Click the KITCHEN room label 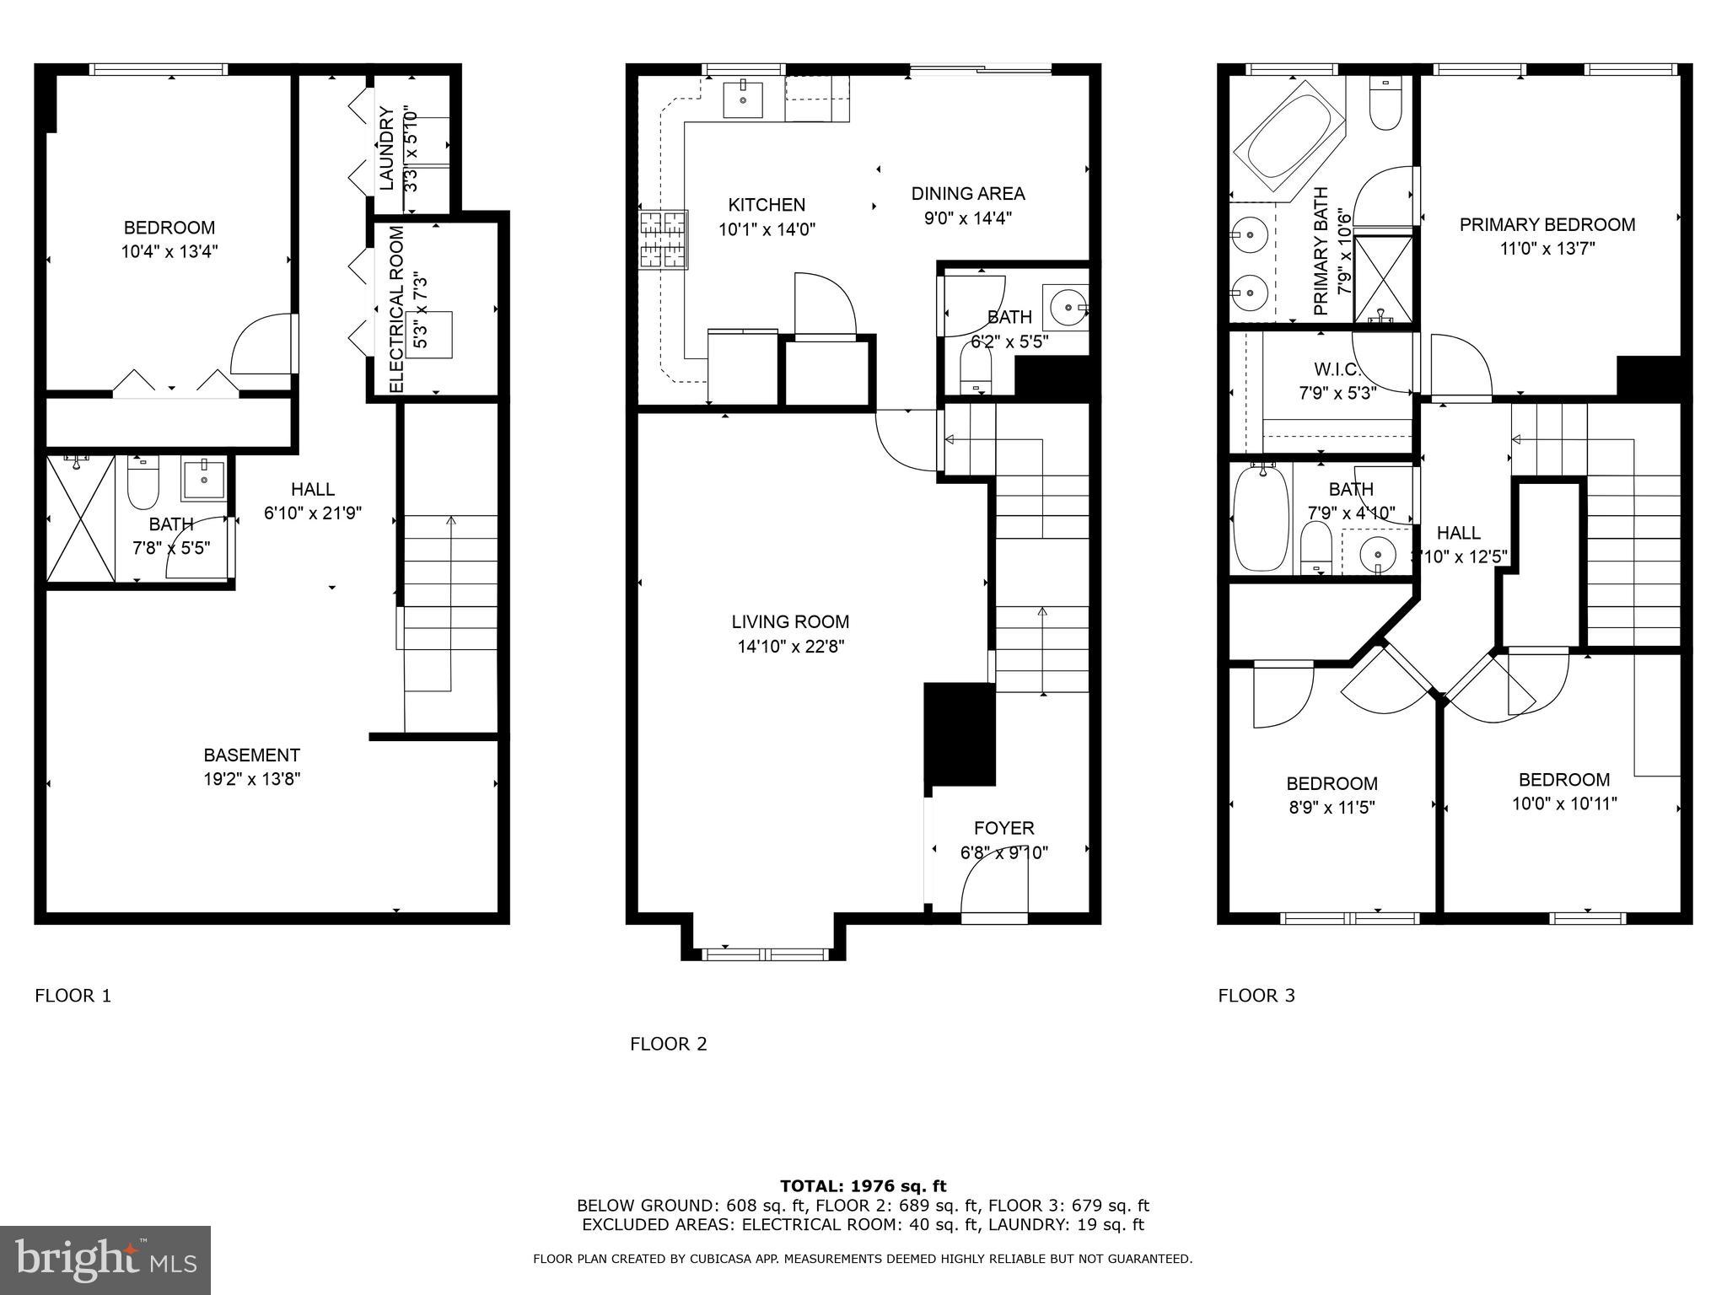[767, 205]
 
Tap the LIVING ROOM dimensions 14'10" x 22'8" [789, 647]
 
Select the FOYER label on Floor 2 [1003, 828]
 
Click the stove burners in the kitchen [664, 239]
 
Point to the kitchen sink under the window [743, 99]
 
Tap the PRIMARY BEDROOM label [1547, 224]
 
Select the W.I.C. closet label [1337, 369]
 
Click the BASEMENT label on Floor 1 [251, 755]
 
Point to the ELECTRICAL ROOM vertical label [396, 309]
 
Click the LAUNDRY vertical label [387, 148]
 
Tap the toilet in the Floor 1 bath [143, 481]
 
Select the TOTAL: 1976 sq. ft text [863, 1186]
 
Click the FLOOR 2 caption [668, 1044]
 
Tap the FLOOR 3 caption [1256, 996]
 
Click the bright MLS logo [105, 1260]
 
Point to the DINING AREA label [967, 194]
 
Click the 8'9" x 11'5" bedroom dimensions [1332, 808]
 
